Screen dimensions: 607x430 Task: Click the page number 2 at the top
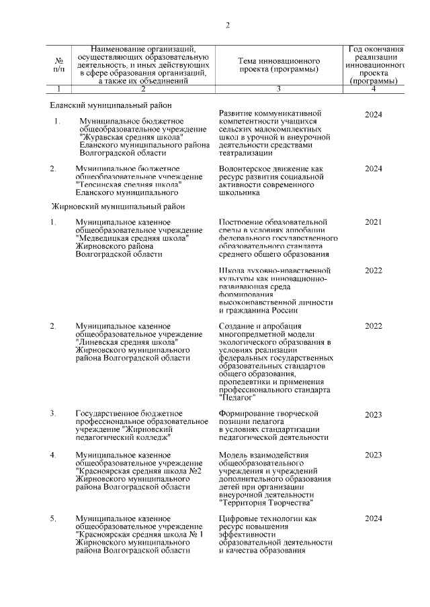(228, 25)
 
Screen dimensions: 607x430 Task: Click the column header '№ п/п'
(59, 65)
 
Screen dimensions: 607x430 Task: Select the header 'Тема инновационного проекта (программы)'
(277, 65)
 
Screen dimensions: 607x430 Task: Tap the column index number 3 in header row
(278, 89)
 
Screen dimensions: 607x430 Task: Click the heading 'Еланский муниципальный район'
(111, 105)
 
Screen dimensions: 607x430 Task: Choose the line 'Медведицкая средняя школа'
(132, 237)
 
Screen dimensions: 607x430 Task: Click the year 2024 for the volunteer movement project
(373, 168)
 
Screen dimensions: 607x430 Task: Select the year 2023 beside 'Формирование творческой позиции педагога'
(373, 415)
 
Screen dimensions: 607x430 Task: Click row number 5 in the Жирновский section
(53, 519)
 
